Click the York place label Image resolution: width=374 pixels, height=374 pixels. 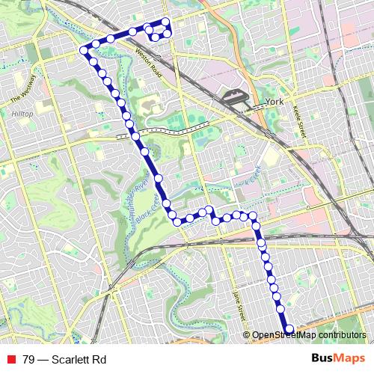pyautogui.click(x=271, y=103)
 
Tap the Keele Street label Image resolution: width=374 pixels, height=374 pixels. pyautogui.click(x=302, y=120)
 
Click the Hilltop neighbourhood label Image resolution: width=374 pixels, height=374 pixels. pyautogui.click(x=22, y=113)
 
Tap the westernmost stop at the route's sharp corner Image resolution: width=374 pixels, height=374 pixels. pyautogui.click(x=84, y=51)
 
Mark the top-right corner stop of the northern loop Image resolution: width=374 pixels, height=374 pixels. pyautogui.click(x=167, y=21)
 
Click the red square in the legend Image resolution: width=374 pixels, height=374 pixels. pyautogui.click(x=11, y=360)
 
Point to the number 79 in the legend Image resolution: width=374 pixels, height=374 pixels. pyautogui.click(x=28, y=360)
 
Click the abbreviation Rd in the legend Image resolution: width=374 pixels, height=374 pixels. pyautogui.click(x=99, y=360)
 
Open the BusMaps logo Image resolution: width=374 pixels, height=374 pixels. pyautogui.click(x=338, y=359)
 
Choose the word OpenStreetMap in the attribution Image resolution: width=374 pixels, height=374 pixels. pyautogui.click(x=283, y=335)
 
